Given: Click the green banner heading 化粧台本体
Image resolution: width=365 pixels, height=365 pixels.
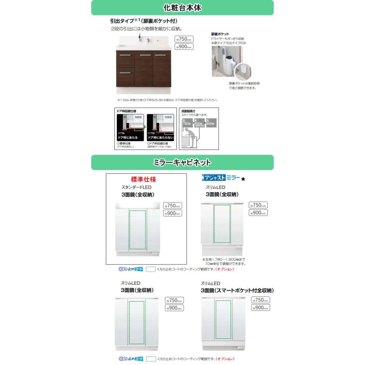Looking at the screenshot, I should tap(182, 8).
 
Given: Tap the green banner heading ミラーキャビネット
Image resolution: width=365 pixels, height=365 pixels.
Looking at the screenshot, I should tap(182, 163).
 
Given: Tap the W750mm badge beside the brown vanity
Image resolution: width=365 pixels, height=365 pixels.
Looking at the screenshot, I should tap(184, 39).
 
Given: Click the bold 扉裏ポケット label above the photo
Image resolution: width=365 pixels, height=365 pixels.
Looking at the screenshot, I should tap(220, 34).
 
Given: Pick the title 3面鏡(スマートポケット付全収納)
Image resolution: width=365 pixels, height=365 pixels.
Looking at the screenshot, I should tap(237, 290).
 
